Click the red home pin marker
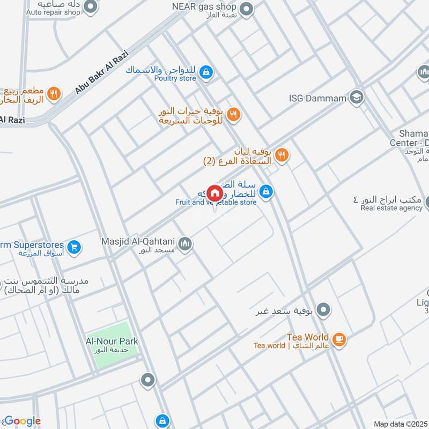point(214,193)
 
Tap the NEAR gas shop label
point(204,7)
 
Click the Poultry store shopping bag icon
point(205,71)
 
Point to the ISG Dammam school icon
point(356,98)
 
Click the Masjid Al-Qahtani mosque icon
point(186,244)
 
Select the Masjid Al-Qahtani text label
point(139,242)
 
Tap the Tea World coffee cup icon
point(339,339)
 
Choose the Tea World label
point(308,337)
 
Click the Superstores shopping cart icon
point(75,247)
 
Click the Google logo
point(23,421)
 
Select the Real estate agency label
point(391,208)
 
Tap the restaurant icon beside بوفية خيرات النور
point(233,114)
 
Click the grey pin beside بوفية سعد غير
point(323,310)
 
